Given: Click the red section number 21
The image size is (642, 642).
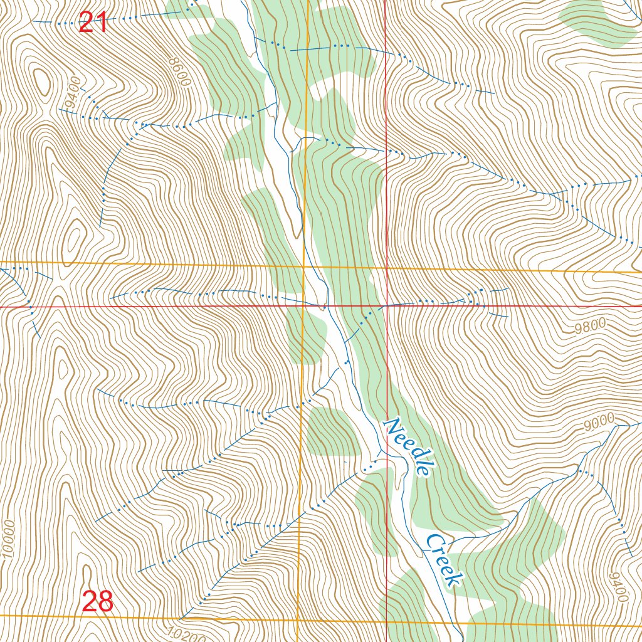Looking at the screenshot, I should [93, 23].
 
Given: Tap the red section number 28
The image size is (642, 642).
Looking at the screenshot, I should [98, 602].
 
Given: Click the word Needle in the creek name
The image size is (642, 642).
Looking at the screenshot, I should [408, 447].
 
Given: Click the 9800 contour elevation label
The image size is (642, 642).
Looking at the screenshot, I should [589, 325].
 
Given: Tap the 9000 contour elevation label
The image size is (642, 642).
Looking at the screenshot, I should [598, 424].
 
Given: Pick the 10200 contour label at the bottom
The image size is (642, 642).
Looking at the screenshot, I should [187, 634].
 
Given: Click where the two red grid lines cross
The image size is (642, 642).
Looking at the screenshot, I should [386, 307].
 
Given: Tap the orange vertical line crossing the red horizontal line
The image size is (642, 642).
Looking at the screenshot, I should [303, 307].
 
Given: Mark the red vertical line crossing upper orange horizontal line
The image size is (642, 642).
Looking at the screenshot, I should [386, 268].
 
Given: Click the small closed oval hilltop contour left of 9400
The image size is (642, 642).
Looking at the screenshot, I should [43, 81].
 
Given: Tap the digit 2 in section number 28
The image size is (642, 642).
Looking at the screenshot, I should [90, 602].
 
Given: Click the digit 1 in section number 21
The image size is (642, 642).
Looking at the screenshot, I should [102, 23].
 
